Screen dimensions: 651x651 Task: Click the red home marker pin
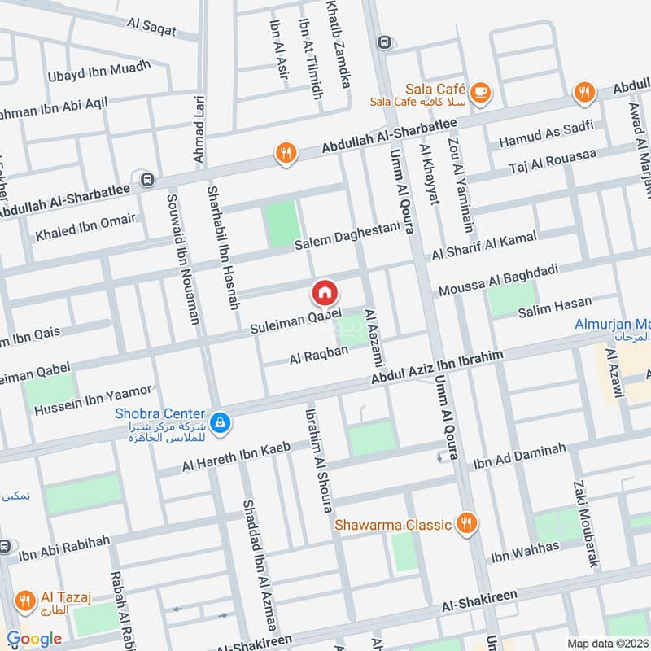(324, 292)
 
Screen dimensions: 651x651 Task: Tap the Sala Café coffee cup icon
(480, 91)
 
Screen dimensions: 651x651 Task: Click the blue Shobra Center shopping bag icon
(219, 422)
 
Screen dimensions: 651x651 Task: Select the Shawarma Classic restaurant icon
(465, 523)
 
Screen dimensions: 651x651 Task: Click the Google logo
(33, 639)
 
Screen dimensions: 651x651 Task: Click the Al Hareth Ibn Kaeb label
(236, 461)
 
